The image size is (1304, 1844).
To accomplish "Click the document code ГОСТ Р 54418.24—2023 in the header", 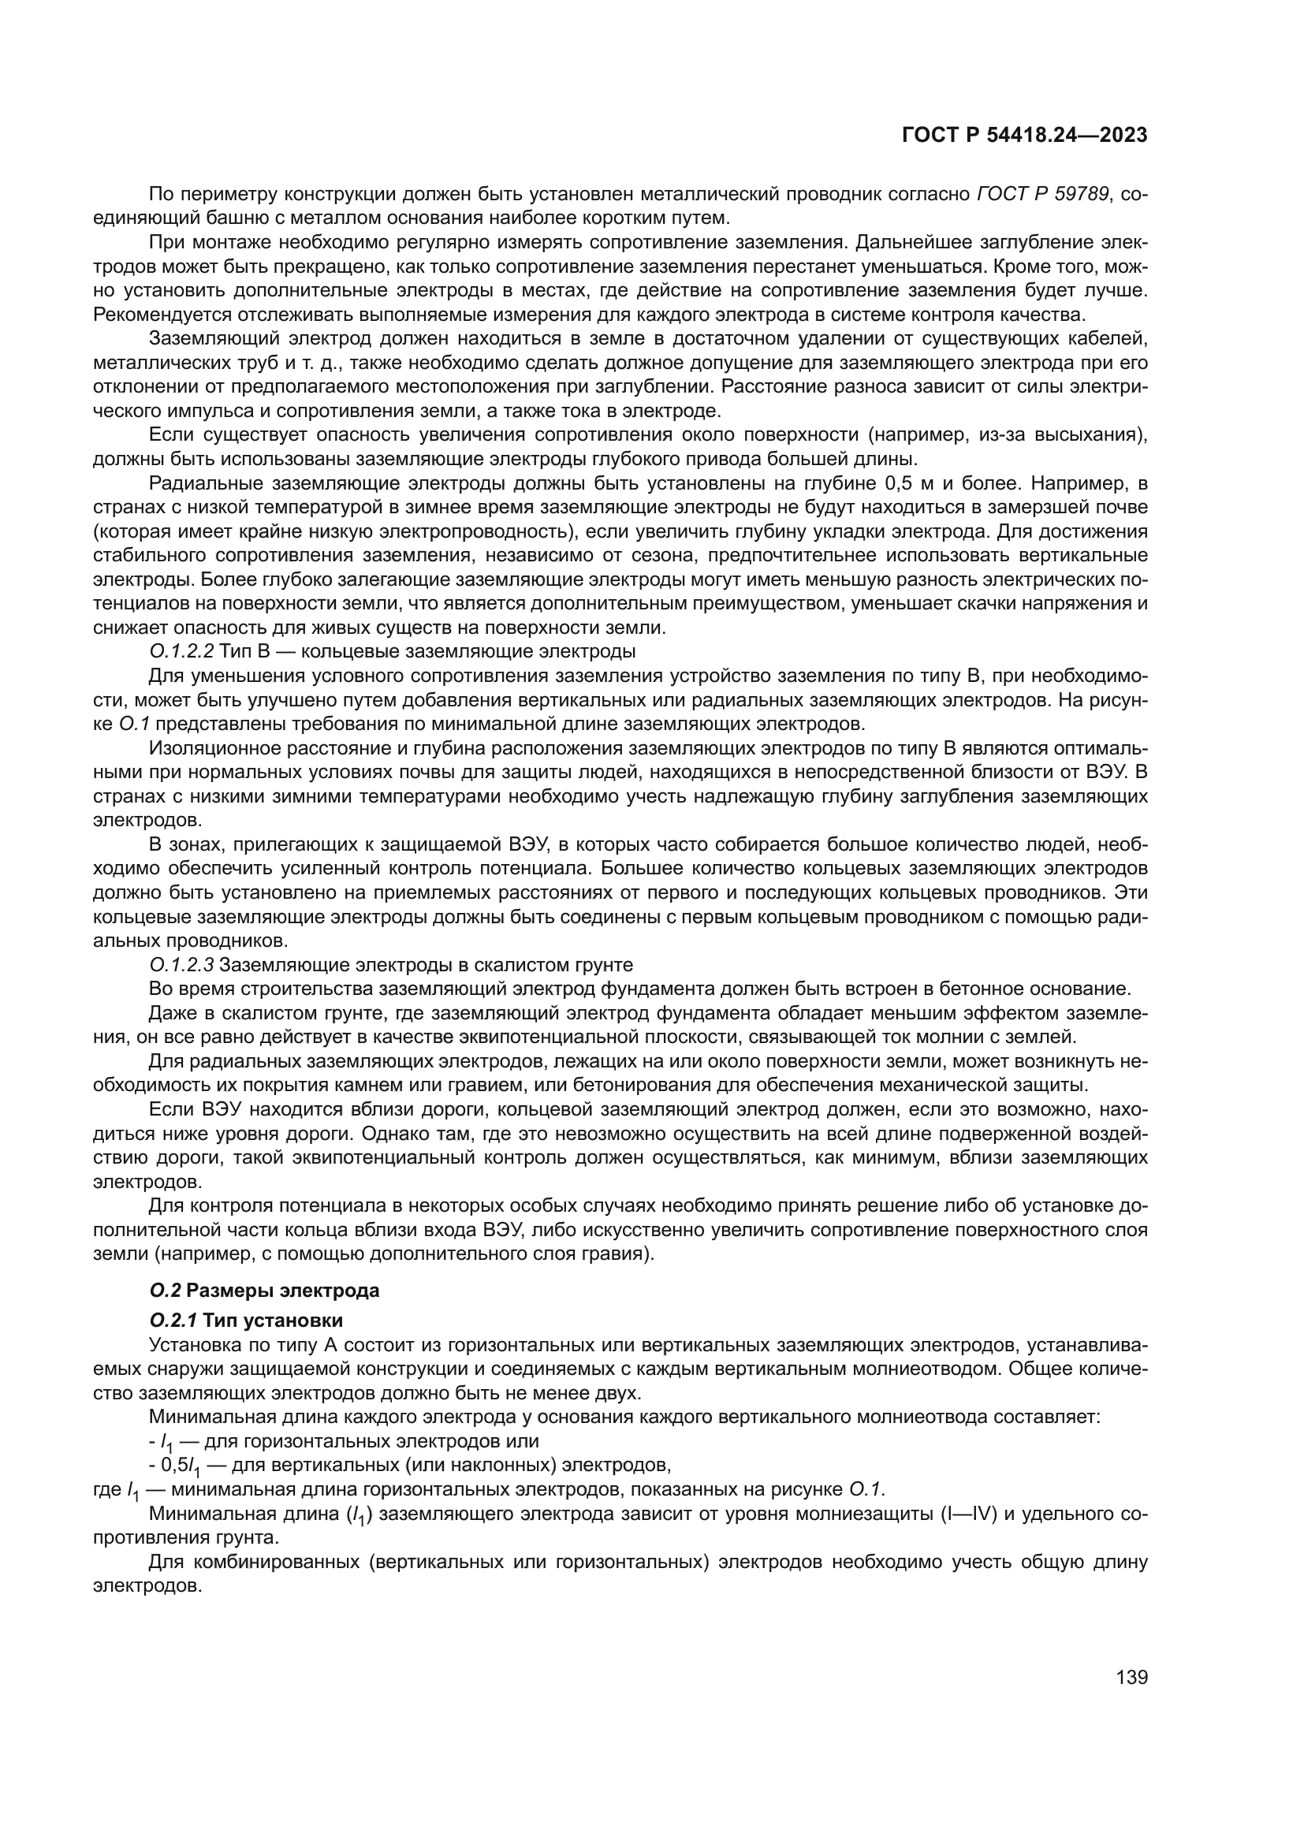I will [1025, 136].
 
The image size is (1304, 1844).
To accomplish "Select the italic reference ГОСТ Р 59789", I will [1042, 194].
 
